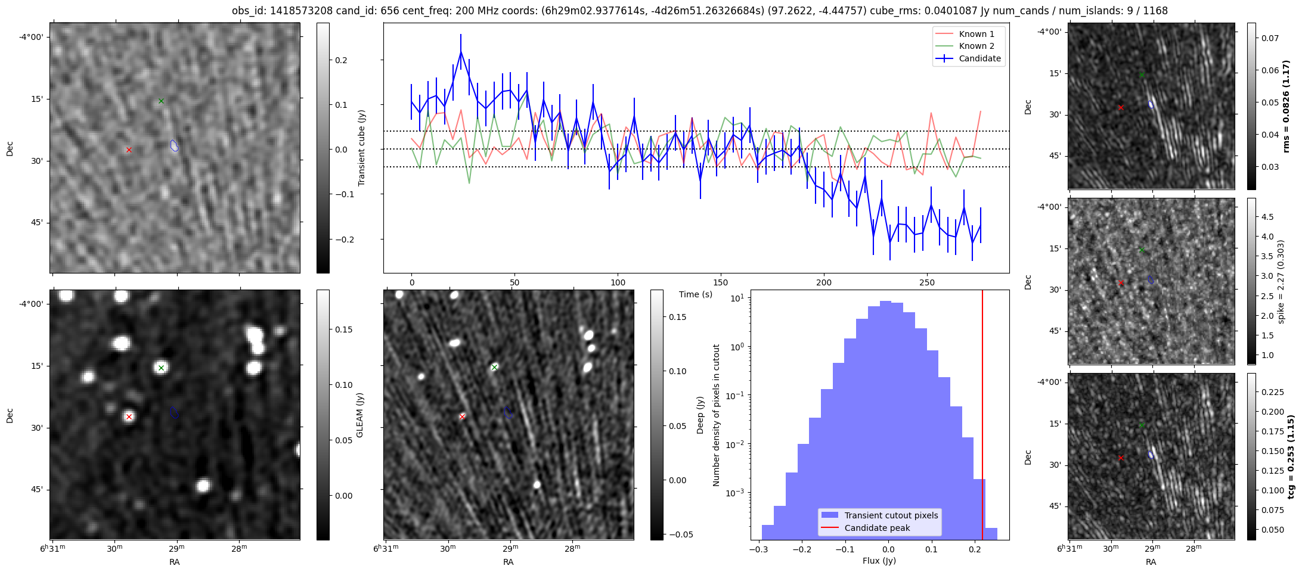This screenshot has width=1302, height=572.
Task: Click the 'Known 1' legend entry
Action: (x=976, y=34)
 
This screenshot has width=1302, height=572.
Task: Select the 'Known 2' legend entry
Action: (x=976, y=46)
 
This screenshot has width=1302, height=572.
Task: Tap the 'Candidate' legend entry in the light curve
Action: (x=979, y=58)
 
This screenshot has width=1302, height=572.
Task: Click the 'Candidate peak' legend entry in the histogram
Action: (x=877, y=528)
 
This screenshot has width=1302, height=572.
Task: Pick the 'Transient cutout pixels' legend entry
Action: (x=891, y=515)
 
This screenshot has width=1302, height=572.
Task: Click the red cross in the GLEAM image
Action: (x=129, y=416)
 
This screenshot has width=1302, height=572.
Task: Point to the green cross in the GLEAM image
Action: (x=161, y=368)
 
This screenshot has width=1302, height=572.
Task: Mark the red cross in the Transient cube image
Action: (x=129, y=150)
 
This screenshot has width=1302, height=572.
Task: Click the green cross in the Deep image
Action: (x=494, y=367)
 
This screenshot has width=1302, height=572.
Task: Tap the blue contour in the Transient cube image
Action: (x=174, y=145)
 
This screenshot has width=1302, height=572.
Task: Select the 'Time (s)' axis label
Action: (x=696, y=294)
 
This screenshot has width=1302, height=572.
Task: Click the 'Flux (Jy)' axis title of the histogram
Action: (x=879, y=561)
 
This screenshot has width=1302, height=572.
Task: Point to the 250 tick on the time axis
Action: (x=926, y=282)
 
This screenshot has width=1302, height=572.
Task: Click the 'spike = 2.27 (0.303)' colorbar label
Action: (x=1281, y=281)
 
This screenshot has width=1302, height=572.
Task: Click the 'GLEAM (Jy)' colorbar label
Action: (x=359, y=415)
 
